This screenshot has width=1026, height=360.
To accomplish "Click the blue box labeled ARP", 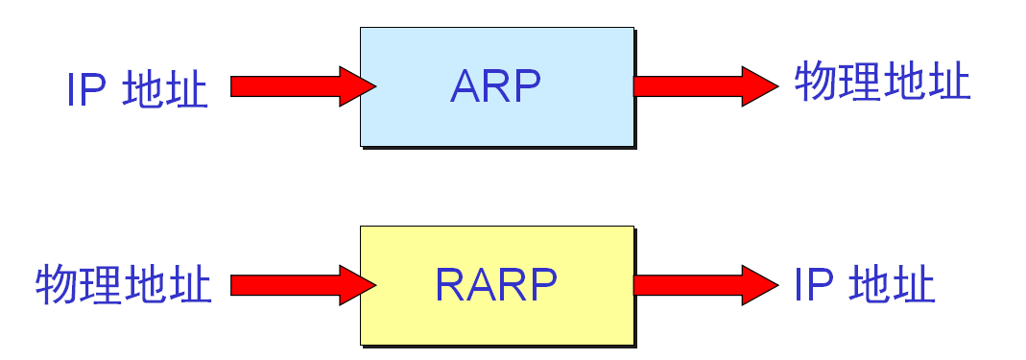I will click(x=496, y=86).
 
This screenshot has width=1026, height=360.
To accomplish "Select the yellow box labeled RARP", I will click(x=496, y=285).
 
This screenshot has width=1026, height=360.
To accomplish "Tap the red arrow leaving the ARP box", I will click(x=704, y=86).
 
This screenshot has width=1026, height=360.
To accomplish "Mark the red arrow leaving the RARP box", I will click(x=704, y=285).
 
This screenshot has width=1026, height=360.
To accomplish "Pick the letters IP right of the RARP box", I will click(x=812, y=285).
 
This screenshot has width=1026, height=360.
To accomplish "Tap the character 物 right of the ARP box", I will click(x=817, y=83).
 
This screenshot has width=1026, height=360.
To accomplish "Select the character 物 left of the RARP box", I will click(x=59, y=285).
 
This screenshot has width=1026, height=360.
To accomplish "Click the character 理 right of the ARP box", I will click(x=861, y=83).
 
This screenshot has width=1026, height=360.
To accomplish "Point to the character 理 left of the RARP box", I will click(x=103, y=285).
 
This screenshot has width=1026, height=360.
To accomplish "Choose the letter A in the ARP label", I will click(x=465, y=86).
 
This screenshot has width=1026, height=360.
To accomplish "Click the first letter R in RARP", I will click(x=450, y=285).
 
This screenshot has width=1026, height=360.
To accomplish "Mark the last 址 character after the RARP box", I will click(x=913, y=285).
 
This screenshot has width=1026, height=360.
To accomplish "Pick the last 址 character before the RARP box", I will click(x=191, y=285).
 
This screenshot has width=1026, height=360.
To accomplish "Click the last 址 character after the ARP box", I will click(x=949, y=83).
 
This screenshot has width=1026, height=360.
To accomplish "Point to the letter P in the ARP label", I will click(x=527, y=86).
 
